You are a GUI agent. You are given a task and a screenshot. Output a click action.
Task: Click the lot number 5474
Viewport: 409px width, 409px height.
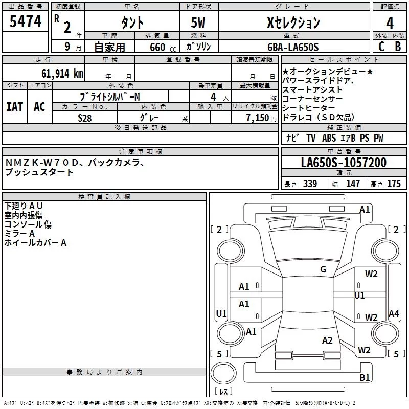(26, 21)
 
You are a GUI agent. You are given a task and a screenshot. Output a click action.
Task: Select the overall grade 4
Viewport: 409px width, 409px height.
(390, 24)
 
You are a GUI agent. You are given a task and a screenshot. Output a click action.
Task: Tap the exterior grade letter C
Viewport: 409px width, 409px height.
(381, 47)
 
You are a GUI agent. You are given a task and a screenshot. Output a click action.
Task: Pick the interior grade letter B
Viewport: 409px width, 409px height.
(398, 47)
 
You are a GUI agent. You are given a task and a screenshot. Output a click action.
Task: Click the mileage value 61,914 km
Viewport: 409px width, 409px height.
(62, 74)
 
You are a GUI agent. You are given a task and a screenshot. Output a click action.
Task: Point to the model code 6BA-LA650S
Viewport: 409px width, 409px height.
(293, 47)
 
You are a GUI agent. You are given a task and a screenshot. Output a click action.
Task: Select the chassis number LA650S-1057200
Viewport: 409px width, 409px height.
(344, 163)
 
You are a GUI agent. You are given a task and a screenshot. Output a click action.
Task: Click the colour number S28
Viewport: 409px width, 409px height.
(85, 118)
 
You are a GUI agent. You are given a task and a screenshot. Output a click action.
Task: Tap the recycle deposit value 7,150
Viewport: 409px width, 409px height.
(258, 118)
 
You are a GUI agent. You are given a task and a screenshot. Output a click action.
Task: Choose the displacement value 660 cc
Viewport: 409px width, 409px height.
(163, 47)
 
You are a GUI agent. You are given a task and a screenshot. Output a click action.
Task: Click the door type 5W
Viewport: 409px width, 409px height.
(198, 22)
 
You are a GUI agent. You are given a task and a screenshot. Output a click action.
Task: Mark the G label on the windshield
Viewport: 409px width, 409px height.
(323, 269)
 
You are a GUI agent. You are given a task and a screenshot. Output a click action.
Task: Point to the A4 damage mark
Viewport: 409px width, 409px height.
(394, 313)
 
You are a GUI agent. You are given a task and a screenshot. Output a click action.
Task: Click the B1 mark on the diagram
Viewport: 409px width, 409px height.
(365, 377)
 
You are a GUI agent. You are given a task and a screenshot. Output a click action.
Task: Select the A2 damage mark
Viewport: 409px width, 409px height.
(327, 340)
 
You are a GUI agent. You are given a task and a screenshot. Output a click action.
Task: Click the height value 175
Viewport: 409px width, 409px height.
(394, 184)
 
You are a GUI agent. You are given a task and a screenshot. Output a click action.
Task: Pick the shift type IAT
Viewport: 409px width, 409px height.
(15, 107)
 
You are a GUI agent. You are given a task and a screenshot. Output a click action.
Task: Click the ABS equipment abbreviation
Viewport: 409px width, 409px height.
(329, 138)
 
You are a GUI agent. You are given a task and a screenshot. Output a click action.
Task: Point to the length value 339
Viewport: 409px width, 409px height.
(310, 184)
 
